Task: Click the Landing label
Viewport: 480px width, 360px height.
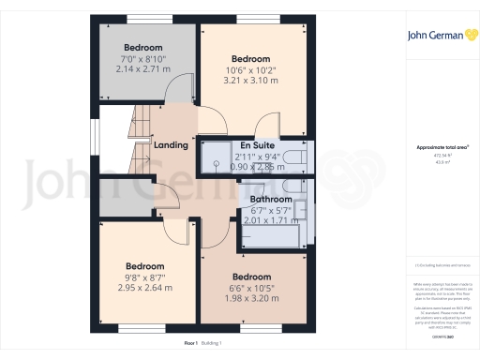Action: [x=171, y=145]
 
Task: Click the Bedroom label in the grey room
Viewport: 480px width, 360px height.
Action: [x=143, y=48]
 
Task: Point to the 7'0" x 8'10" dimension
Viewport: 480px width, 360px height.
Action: [x=143, y=58]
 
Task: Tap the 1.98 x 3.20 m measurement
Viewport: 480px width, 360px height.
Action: [x=252, y=297]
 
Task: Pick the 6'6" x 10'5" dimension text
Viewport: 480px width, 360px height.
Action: [x=252, y=287]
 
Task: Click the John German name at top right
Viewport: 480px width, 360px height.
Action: [x=434, y=37]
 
